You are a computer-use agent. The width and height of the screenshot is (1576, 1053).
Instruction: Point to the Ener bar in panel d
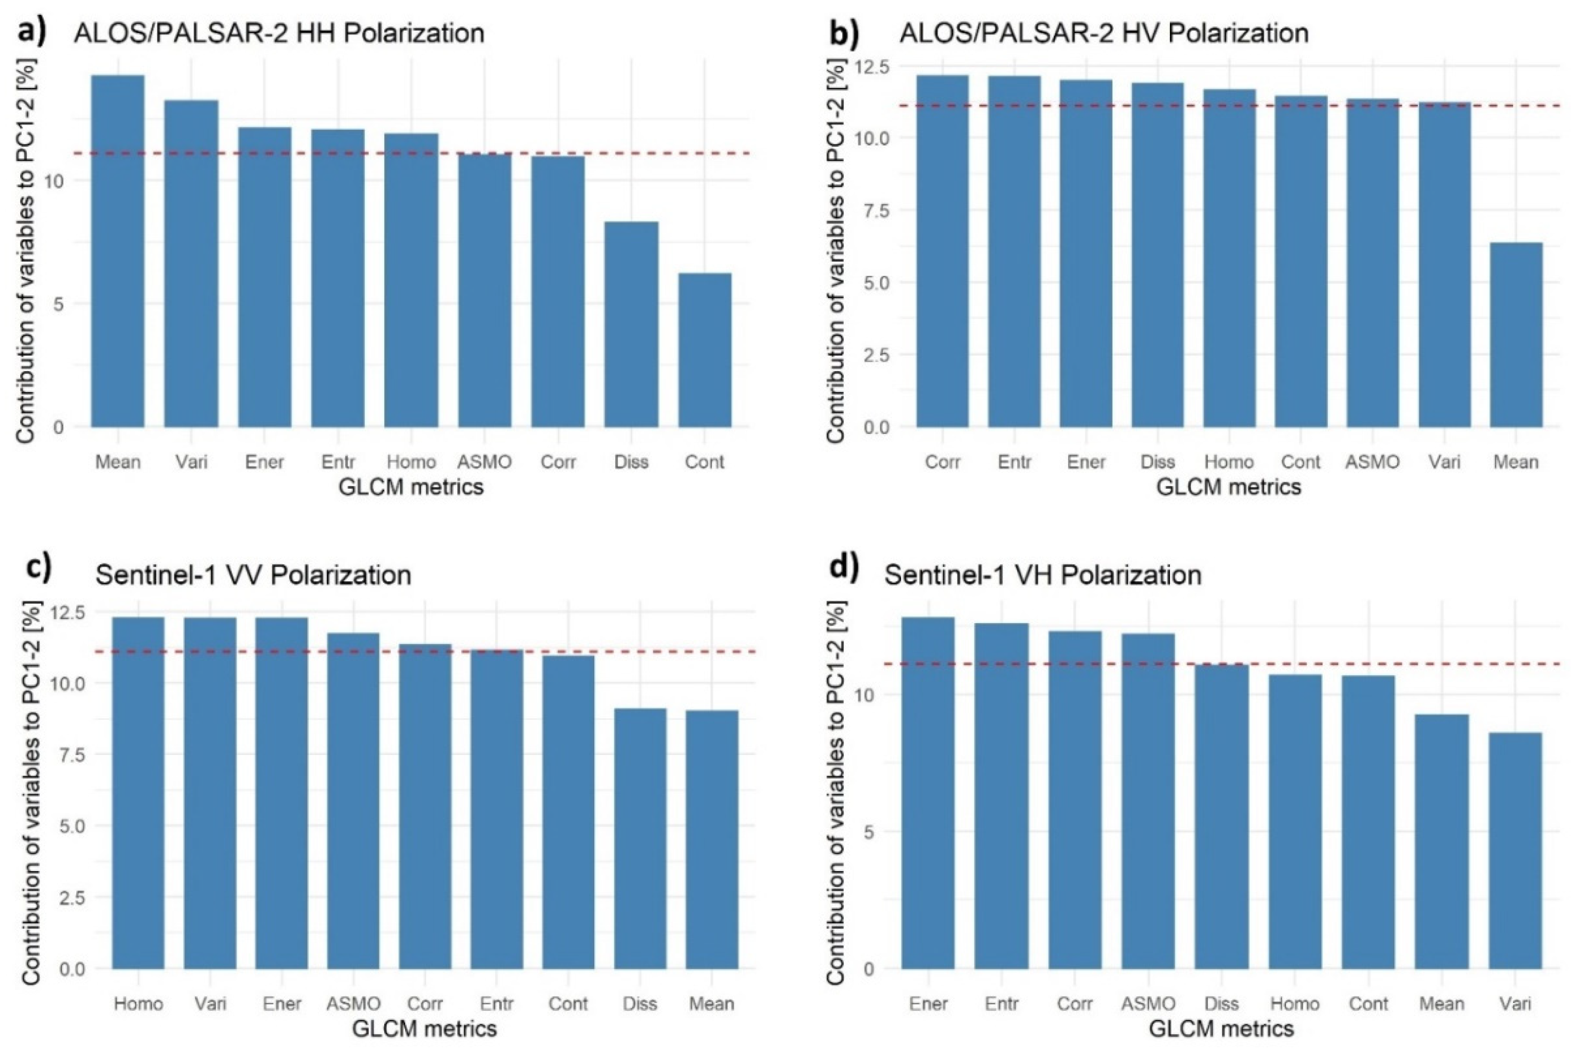coord(929,792)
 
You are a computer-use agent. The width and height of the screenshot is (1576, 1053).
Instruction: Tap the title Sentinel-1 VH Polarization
coord(1042,575)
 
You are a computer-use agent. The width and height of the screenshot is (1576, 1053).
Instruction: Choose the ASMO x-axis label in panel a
coord(484,462)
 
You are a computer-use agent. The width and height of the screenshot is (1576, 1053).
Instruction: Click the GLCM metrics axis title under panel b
coord(1228,487)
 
